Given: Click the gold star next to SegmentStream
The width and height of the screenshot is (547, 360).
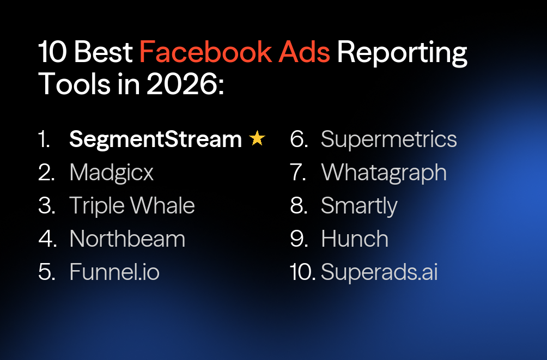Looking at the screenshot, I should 257,139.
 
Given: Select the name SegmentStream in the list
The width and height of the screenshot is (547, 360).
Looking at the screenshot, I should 155,140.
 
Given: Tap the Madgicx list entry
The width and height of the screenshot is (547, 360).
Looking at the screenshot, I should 112,173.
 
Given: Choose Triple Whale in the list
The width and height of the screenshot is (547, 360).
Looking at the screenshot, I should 132,206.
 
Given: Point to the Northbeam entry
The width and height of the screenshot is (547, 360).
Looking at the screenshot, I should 127,239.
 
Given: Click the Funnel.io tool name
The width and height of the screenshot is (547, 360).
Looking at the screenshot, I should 114,272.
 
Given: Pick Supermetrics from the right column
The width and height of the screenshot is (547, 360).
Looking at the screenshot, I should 388,140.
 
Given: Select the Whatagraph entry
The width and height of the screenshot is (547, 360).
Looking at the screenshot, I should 384,173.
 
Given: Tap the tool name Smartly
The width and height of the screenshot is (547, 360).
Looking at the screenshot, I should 359,206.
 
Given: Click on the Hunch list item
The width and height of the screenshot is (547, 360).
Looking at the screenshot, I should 355,239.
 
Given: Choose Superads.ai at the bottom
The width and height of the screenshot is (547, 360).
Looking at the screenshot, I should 379,272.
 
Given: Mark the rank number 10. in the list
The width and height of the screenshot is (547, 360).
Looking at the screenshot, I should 303,272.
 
